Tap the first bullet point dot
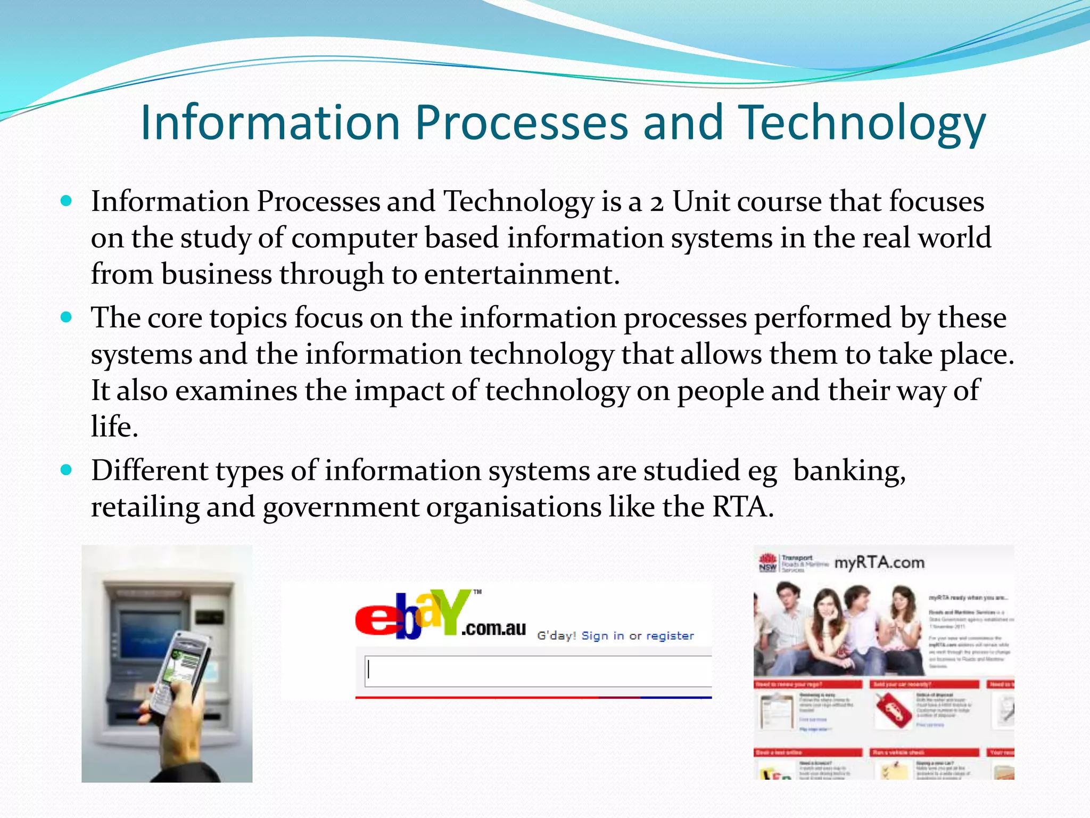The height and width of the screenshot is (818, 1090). click(x=66, y=201)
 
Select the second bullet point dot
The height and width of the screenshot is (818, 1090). click(x=66, y=317)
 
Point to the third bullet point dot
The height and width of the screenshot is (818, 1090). click(x=66, y=470)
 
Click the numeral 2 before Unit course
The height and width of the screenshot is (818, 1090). click(x=657, y=203)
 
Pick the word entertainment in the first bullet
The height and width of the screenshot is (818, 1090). click(x=522, y=274)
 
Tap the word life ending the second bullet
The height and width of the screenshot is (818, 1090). click(x=114, y=427)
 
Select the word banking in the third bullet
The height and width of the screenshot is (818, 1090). click(x=849, y=471)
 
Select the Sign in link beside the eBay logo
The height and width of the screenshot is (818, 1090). click(x=602, y=636)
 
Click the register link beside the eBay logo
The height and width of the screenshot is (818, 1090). click(x=670, y=636)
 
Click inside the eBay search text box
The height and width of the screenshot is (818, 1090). click(x=538, y=670)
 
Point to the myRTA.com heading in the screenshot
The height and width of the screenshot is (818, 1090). click(x=879, y=563)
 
